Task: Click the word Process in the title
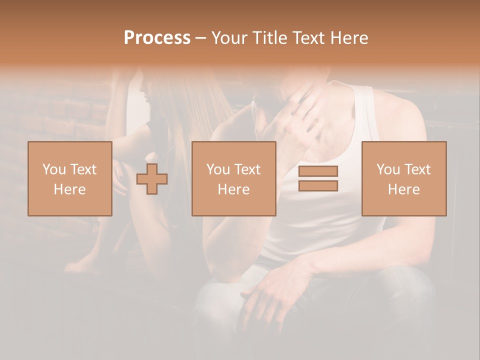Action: click(157, 38)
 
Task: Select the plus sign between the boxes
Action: click(152, 179)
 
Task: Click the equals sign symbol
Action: click(318, 178)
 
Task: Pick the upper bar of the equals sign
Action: click(318, 171)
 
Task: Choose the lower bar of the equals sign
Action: click(318, 186)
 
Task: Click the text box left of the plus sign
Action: click(70, 178)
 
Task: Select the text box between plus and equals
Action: click(233, 178)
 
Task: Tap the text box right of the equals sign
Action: click(403, 178)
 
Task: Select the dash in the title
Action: click(201, 38)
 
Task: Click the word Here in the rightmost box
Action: click(403, 189)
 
